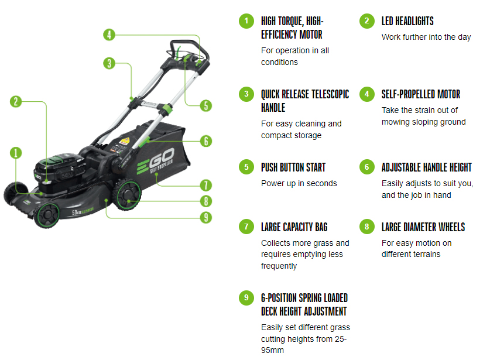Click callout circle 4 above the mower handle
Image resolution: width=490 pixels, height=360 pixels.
108,35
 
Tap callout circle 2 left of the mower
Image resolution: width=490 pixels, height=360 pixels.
16,101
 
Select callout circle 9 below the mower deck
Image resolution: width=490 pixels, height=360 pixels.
205,218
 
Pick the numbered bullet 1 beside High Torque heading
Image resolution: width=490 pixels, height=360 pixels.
246,21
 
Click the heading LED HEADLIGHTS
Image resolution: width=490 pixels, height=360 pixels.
407,21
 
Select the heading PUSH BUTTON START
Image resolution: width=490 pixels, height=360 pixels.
293,167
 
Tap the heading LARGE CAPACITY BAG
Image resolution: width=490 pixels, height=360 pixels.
294,227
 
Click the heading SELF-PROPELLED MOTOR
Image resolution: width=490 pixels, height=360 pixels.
420,94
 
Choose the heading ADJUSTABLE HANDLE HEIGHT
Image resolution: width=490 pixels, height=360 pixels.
426,167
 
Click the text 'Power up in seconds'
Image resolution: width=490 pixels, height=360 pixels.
299,183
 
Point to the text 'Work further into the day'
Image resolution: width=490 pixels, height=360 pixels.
426,37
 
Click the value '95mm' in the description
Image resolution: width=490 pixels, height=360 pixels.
272,350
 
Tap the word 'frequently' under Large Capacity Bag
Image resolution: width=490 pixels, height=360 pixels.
279,266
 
